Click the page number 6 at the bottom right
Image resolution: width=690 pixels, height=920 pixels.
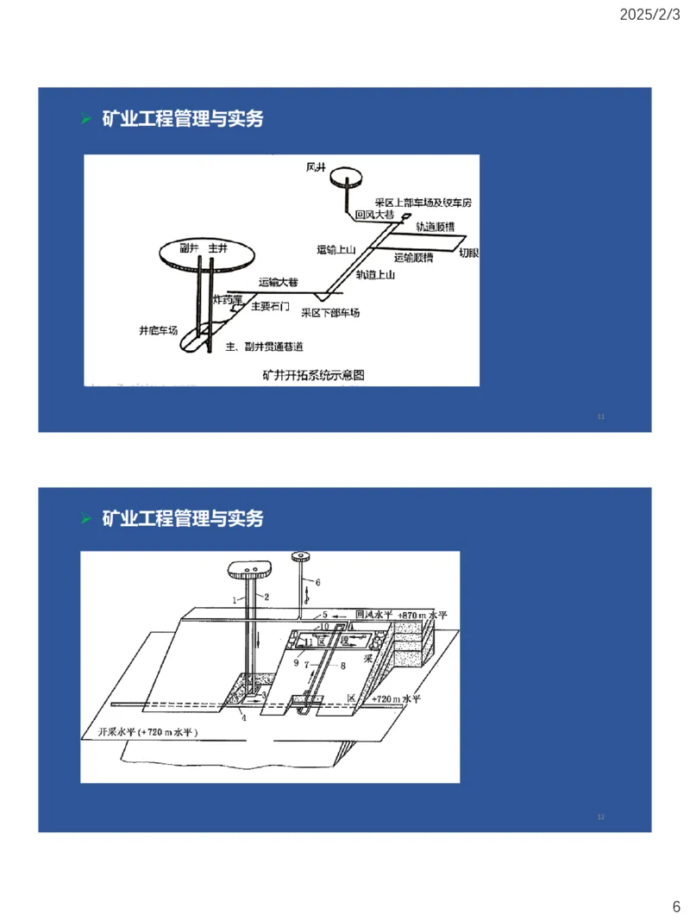(x=676, y=906)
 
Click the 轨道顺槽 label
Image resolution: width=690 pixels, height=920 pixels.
(x=436, y=227)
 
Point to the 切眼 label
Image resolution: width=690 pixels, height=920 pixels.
(x=469, y=253)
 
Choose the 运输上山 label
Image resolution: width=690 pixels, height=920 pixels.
(x=336, y=249)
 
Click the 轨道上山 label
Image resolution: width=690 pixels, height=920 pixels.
(x=375, y=275)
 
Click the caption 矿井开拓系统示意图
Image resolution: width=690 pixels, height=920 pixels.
(x=314, y=375)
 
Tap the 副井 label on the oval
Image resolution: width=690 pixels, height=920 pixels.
(x=190, y=247)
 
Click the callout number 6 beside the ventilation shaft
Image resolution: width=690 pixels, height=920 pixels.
(x=317, y=583)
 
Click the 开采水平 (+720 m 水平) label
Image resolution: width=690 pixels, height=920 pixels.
(x=143, y=731)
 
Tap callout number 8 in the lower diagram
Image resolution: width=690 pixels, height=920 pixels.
(x=342, y=666)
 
